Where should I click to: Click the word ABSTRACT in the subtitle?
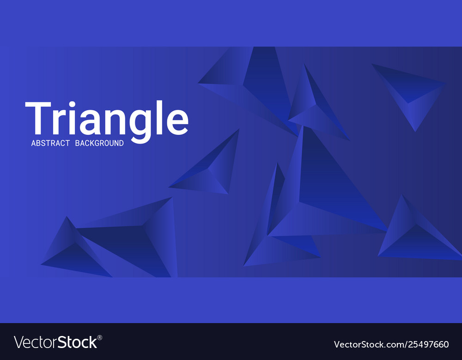pos(50,144)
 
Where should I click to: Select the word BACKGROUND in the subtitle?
pos(99,144)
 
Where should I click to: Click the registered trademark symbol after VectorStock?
pos(100,338)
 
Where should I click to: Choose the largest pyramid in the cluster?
pos(323,194)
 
